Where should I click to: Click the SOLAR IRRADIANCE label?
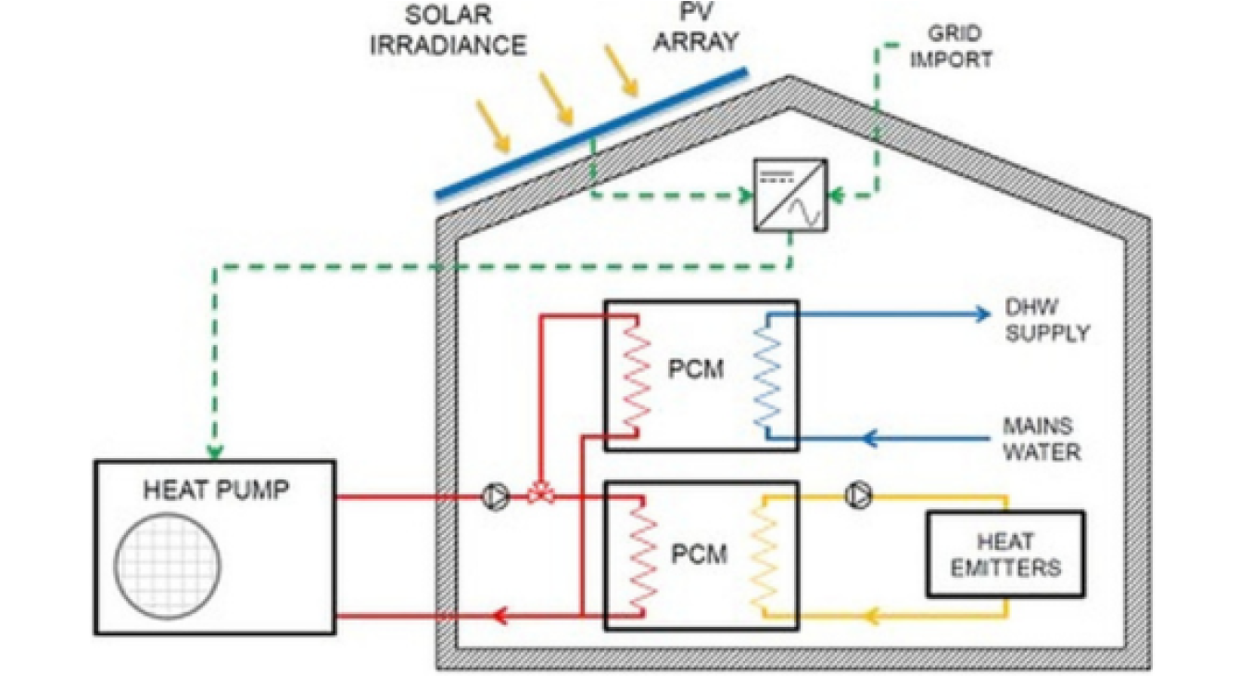coord(449,32)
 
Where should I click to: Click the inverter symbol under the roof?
coord(790,196)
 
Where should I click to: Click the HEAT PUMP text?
coord(216,490)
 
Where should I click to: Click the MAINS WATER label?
coord(1041,440)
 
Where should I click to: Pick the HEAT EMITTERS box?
coord(1005,553)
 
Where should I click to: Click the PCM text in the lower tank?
coord(698,555)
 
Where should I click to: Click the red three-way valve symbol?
coord(540,496)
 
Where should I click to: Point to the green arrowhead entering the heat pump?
coord(215,453)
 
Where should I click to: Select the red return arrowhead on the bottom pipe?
coord(499,614)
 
